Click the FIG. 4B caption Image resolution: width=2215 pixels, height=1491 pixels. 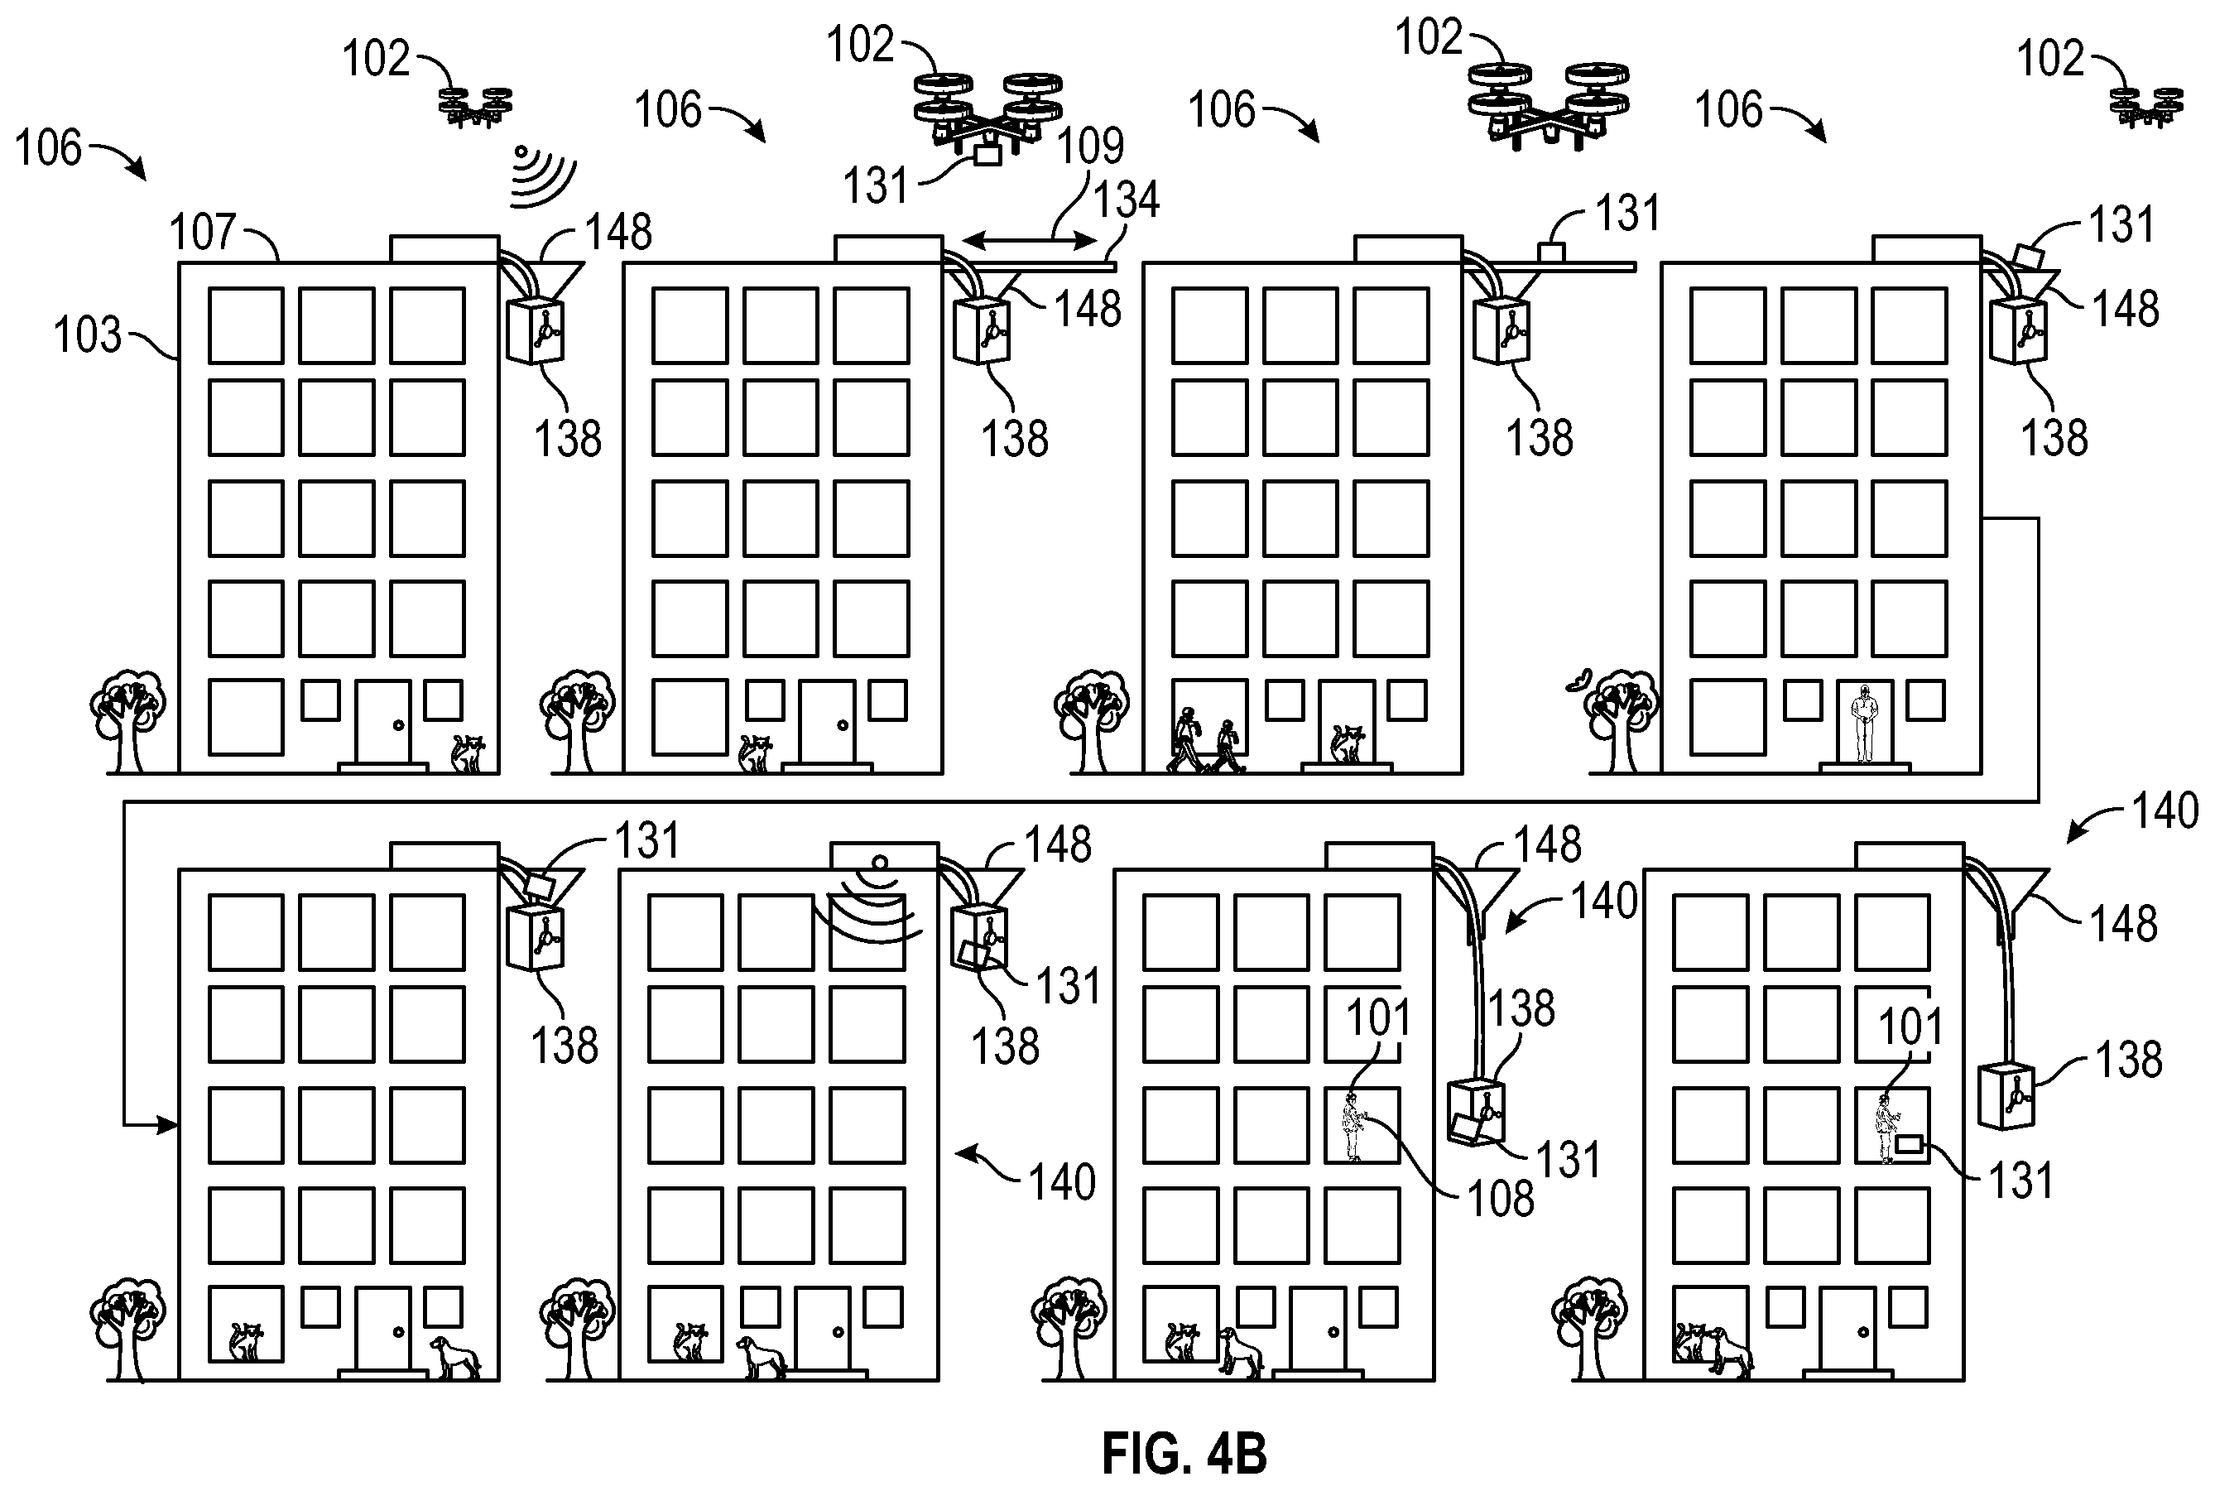[1184, 1454]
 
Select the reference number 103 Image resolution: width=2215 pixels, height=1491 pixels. [88, 335]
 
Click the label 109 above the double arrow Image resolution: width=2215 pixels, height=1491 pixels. [1090, 147]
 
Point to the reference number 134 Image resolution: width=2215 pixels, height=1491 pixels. [1126, 200]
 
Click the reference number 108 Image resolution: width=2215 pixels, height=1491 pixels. [1500, 1199]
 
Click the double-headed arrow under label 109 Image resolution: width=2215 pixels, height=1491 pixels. [1029, 241]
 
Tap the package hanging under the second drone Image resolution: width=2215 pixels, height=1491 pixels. [987, 155]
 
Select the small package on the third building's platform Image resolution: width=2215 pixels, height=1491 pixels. [1551, 252]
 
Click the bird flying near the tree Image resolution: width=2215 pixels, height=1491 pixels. [1579, 681]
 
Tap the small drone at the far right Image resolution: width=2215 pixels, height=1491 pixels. [2145, 105]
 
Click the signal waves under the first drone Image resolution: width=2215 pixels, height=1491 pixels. [542, 178]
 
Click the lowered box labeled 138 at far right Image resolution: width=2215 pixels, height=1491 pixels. [2006, 1096]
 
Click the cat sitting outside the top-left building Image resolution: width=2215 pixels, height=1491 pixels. [468, 753]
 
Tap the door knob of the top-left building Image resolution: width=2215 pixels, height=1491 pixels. [398, 725]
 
